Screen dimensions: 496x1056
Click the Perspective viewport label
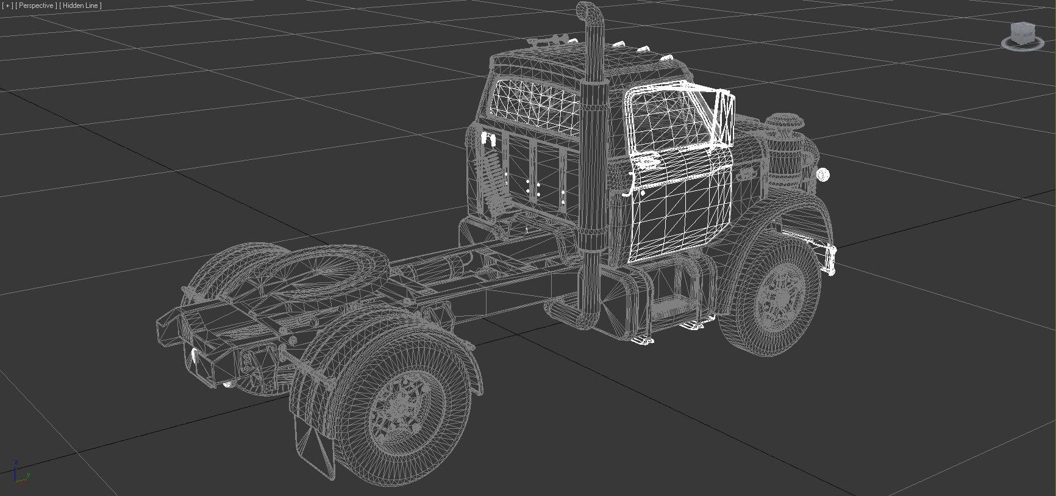pos(36,5)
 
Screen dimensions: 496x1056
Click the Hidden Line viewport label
pos(80,5)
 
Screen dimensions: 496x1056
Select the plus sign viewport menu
pos(8,5)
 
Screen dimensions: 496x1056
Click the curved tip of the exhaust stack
pos(586,10)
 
